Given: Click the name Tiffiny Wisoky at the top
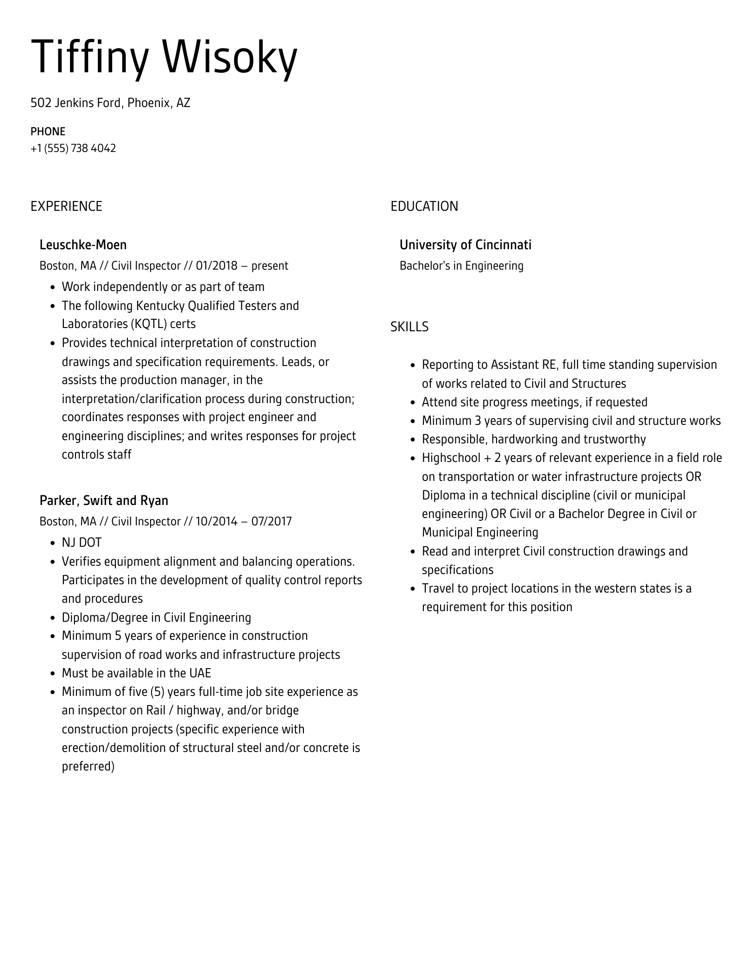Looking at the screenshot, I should click(x=164, y=57).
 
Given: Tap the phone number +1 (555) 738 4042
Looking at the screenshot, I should click(x=73, y=148).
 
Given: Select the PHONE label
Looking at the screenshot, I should click(x=48, y=132).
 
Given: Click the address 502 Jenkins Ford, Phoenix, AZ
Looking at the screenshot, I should click(x=110, y=102).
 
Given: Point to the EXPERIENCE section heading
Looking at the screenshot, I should click(x=66, y=206).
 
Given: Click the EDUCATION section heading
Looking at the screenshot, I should click(x=424, y=206).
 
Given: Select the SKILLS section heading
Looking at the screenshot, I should click(x=409, y=327).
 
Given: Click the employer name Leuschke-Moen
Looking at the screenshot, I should click(x=83, y=245).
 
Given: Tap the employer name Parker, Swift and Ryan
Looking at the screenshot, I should click(x=104, y=500).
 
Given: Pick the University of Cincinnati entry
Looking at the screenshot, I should click(x=465, y=245).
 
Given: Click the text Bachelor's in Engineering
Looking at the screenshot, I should click(x=461, y=266).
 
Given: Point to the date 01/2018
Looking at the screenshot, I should click(x=216, y=266).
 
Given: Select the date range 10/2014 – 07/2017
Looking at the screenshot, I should click(x=244, y=522).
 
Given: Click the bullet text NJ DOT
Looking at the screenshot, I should click(x=82, y=543).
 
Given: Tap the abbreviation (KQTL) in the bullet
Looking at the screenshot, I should click(x=148, y=324).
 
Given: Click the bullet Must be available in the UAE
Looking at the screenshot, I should click(x=136, y=673).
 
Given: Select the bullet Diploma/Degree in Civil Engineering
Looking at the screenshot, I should click(x=156, y=618).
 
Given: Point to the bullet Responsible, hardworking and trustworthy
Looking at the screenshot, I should click(x=534, y=439).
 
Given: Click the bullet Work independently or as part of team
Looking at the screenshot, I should click(x=163, y=287).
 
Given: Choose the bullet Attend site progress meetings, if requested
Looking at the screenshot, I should click(x=535, y=402).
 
